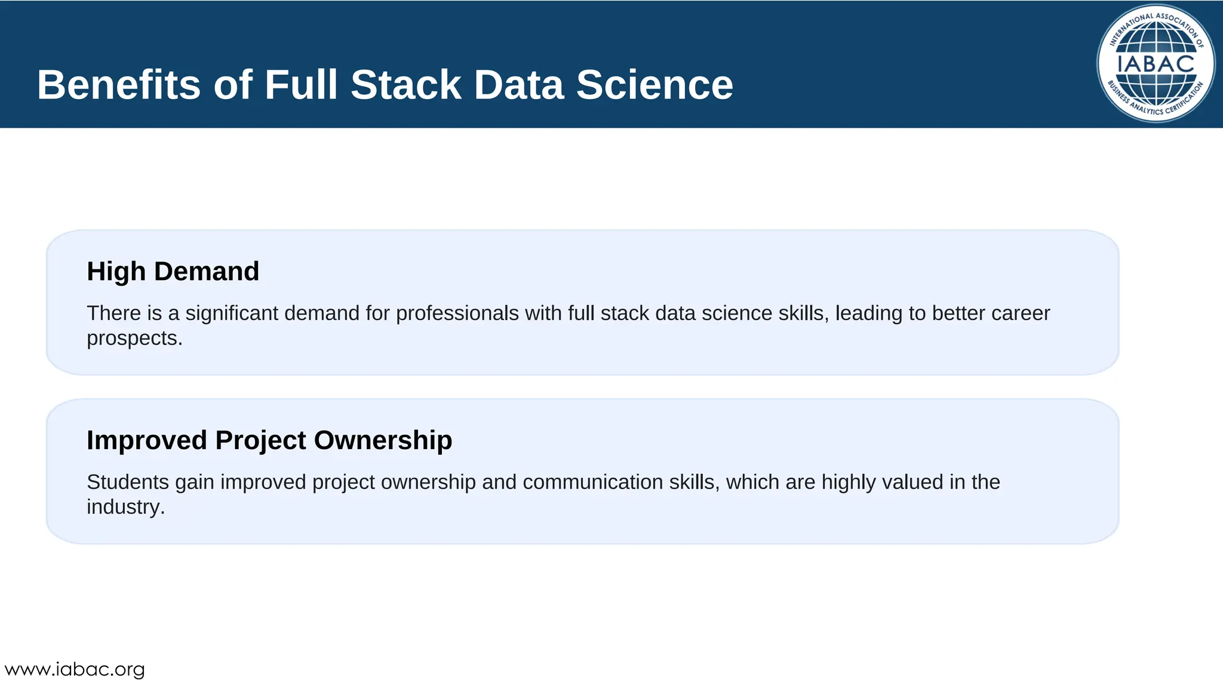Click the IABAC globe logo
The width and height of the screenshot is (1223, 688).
point(1156,63)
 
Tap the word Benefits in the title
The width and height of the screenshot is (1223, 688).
point(118,85)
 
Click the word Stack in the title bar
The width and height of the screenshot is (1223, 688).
point(406,85)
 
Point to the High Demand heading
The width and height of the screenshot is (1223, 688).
point(173,272)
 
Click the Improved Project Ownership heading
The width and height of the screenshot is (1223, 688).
point(269,440)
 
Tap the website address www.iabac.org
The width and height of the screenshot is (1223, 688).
point(75,669)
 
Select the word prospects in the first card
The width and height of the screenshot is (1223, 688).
point(134,339)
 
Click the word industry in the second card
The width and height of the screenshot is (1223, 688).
point(125,507)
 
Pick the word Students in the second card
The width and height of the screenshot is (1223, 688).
point(128,482)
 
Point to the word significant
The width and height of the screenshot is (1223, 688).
point(232,314)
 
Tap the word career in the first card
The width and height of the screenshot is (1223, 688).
point(1020,314)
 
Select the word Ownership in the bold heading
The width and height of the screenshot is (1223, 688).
point(383,440)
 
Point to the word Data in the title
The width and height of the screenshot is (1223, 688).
point(518,85)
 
